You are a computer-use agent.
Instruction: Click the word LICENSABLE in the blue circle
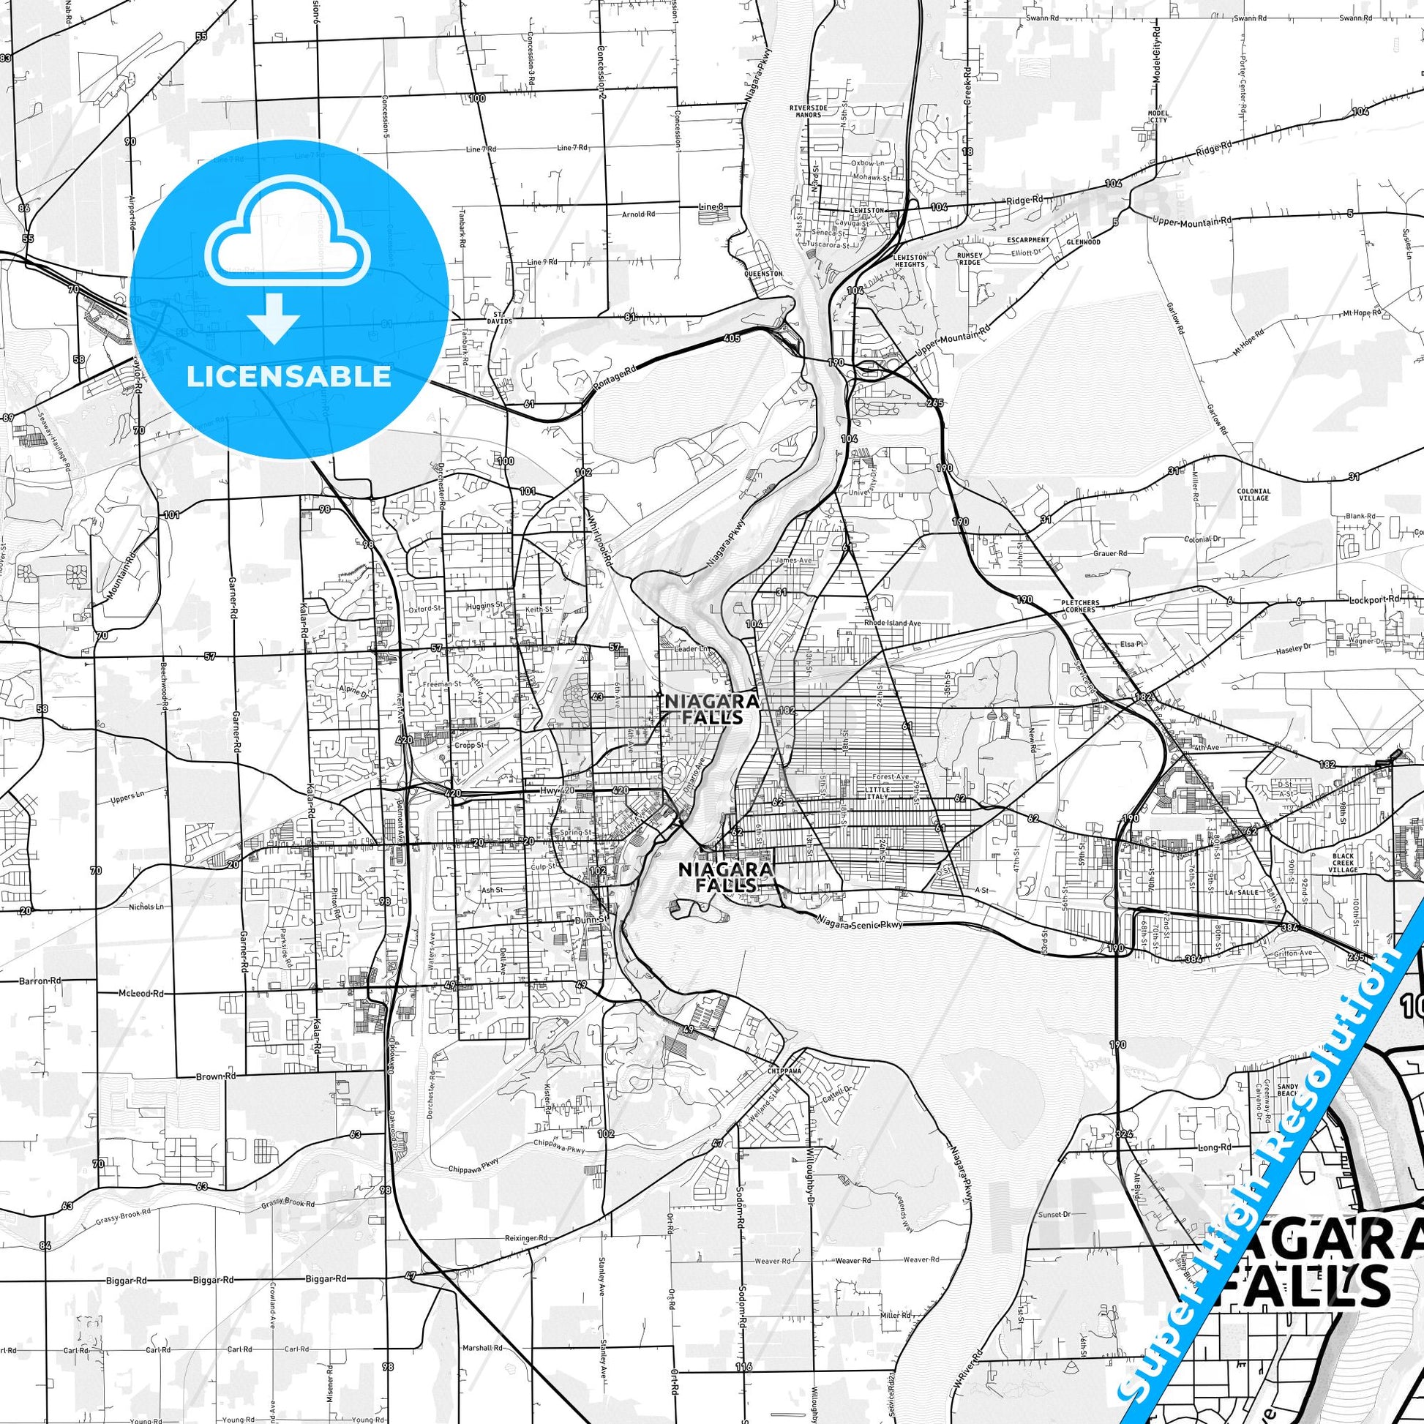coord(289,376)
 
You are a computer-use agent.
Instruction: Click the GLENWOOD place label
coord(1083,241)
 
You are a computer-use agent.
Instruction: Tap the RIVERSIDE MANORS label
coord(809,111)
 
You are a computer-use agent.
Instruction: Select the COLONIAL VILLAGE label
coord(1254,495)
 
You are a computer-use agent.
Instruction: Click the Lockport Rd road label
coord(1349,601)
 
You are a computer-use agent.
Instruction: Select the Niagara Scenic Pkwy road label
coord(859,922)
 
